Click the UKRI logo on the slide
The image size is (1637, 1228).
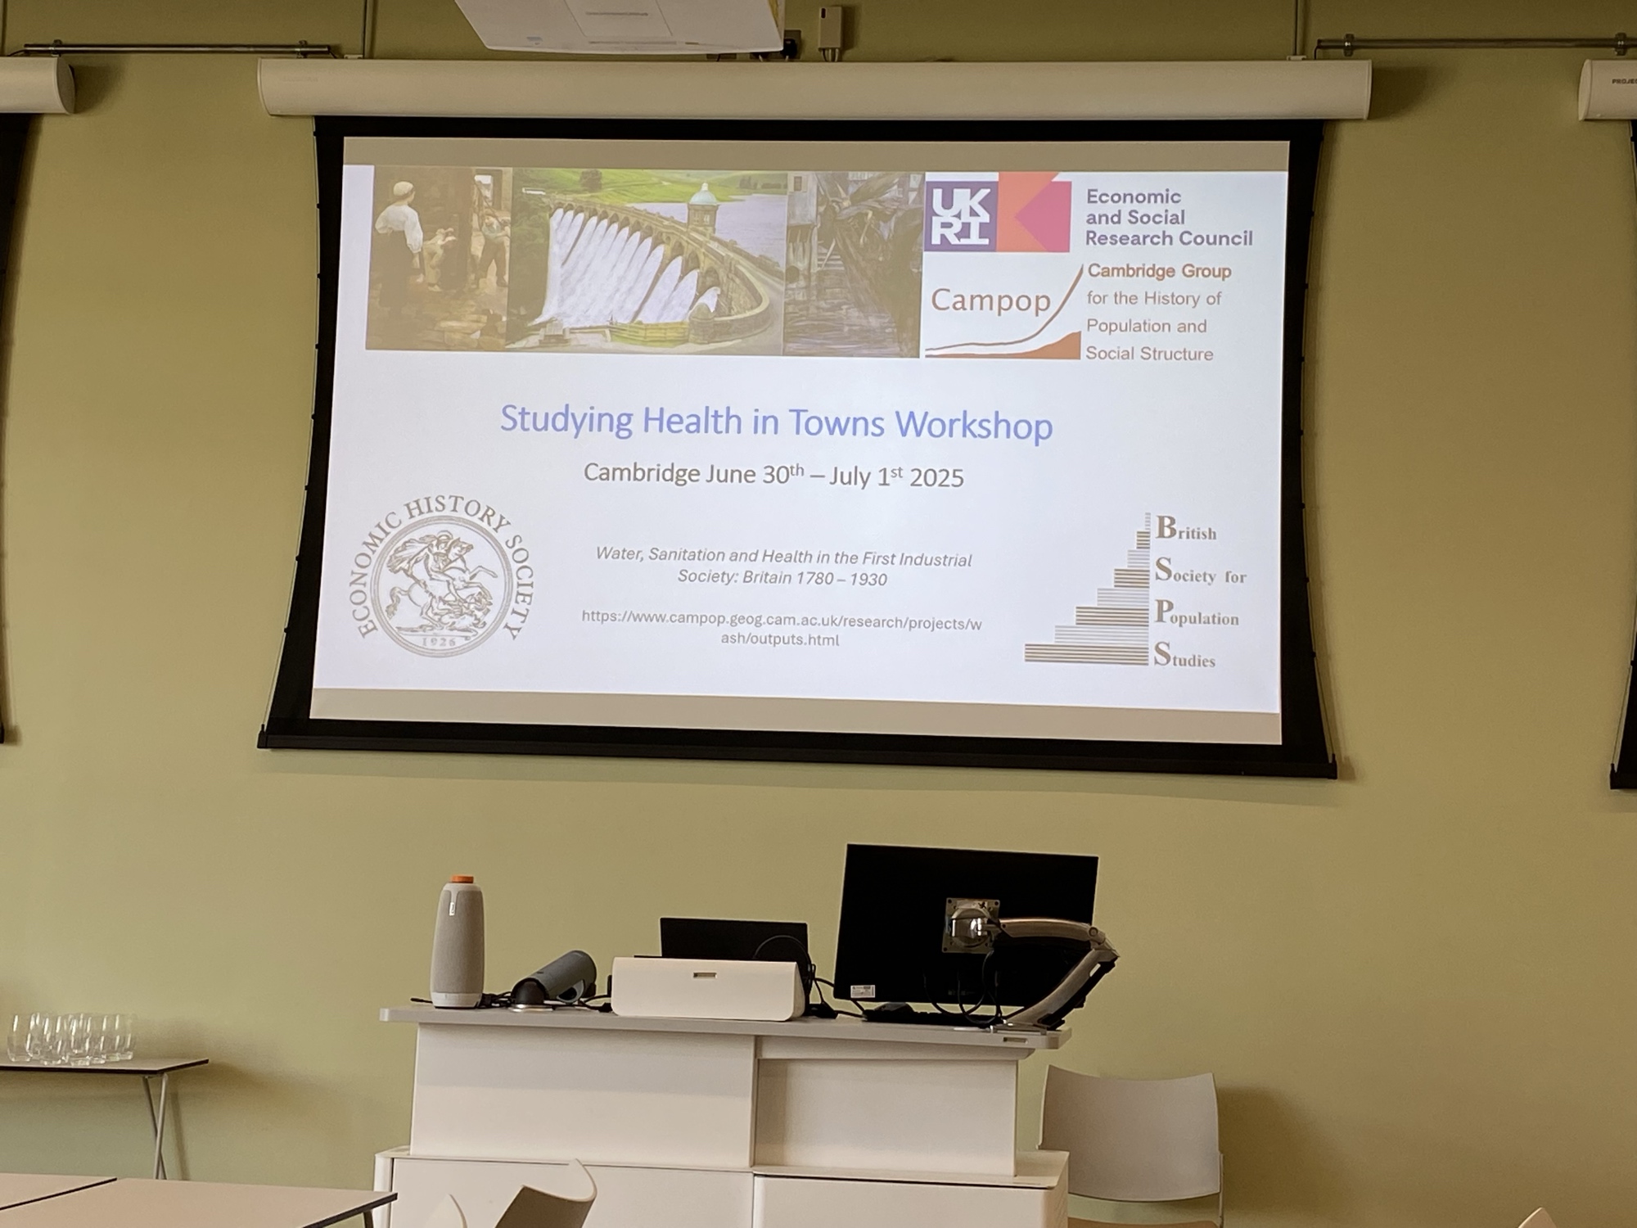coord(998,212)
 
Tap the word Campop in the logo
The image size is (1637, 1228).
coord(990,300)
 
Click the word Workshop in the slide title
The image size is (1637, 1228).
coord(973,425)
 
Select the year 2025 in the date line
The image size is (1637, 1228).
coord(936,477)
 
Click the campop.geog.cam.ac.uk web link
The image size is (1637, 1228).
coord(781,629)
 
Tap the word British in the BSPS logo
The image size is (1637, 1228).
coord(1186,529)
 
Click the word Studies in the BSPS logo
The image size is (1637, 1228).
coord(1184,656)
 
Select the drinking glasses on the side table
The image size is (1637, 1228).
coord(70,1037)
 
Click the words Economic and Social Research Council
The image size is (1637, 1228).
coord(1169,218)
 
